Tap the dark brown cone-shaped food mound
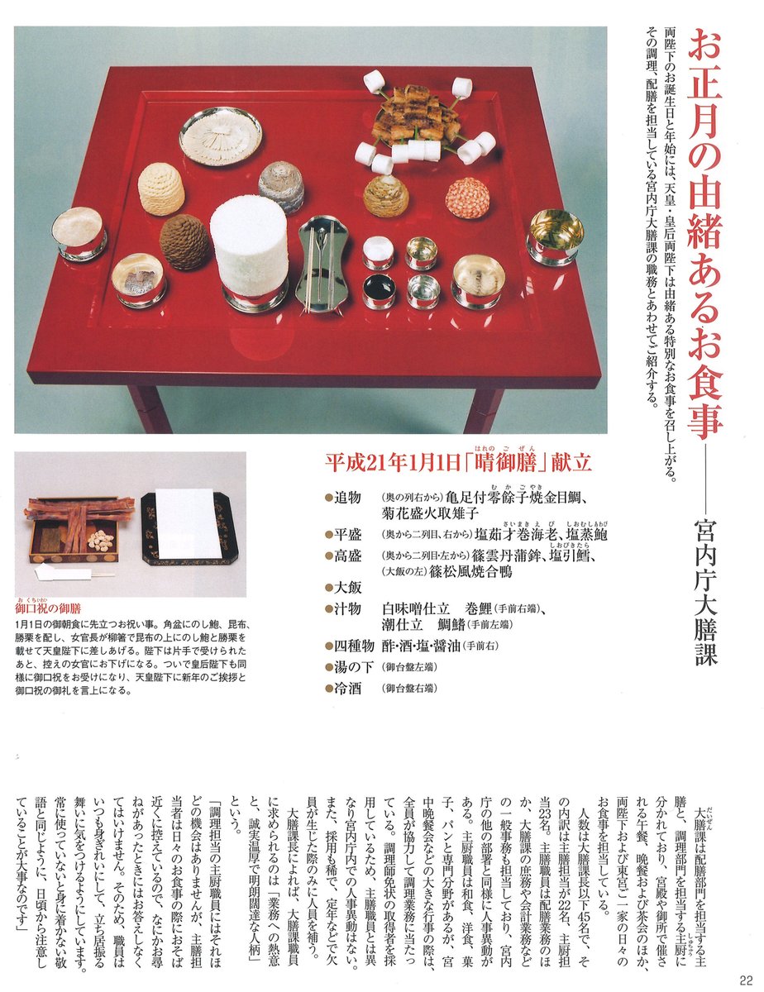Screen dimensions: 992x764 [185, 241]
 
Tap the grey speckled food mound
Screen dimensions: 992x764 [281, 185]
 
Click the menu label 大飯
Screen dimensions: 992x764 [351, 588]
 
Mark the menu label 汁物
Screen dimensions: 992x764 [351, 608]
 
